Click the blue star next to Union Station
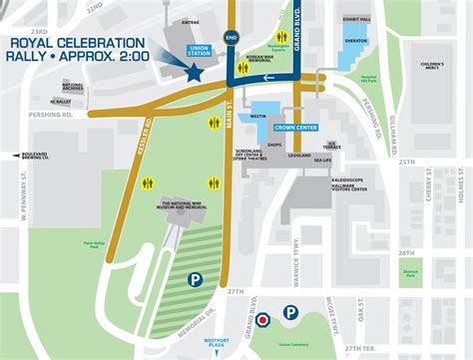coord(192,72)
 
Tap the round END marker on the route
coord(232,40)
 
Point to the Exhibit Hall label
coord(356,19)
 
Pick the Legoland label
coord(299,157)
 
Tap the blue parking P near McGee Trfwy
coord(289,313)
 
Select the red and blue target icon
coord(263,321)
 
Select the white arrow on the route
coord(318,76)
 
